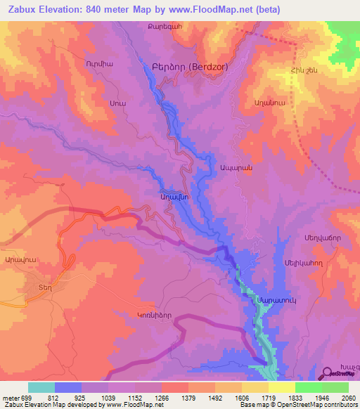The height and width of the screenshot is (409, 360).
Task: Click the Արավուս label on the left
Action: [20, 259]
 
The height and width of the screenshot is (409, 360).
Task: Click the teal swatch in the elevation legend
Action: [41, 387]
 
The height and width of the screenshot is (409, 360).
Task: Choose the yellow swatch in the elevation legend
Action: [282, 387]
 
